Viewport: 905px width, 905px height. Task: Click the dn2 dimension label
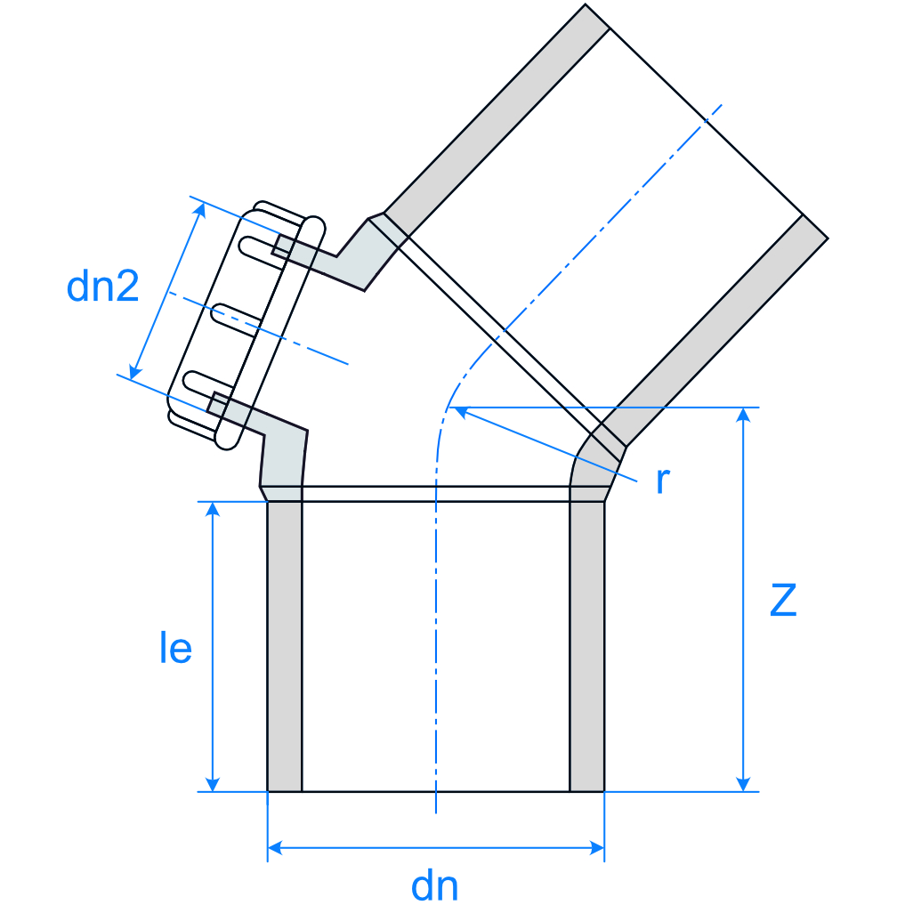pos(102,287)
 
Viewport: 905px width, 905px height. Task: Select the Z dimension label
pos(783,601)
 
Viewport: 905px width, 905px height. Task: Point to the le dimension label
pos(175,649)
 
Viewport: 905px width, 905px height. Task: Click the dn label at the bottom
pos(435,886)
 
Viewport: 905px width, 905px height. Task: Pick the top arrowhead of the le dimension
pos(212,510)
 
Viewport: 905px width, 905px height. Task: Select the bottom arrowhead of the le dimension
pos(212,783)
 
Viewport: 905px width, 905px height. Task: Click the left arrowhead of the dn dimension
pos(276,848)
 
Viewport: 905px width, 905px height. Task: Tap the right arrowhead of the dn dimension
pos(596,848)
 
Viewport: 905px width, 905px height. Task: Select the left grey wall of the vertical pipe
pos(285,646)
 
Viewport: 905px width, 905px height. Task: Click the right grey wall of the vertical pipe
pos(586,646)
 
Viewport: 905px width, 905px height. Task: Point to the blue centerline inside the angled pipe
pos(605,222)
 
